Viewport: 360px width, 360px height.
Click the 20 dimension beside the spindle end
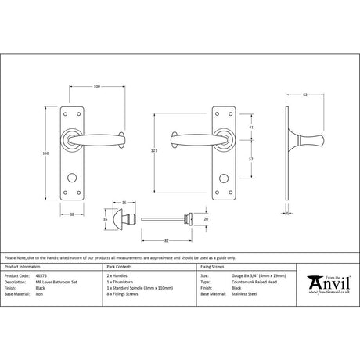205,221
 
